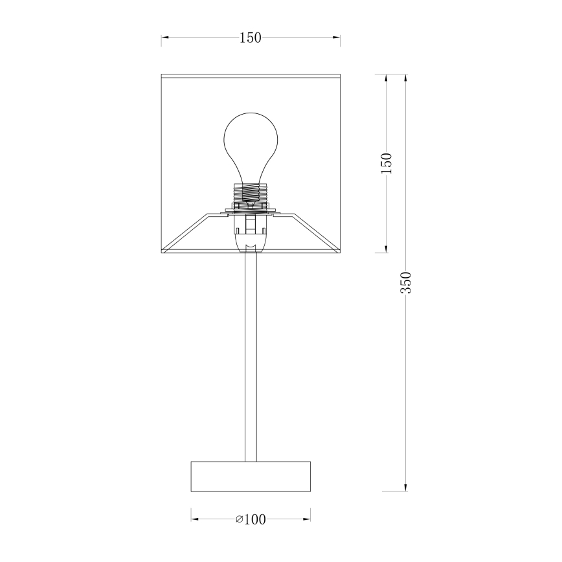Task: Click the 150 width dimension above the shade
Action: [x=251, y=38]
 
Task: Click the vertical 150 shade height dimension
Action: [x=387, y=164]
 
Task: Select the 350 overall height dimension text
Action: [x=406, y=282]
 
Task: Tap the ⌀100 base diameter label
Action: [x=251, y=519]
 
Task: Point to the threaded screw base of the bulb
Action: [x=251, y=192]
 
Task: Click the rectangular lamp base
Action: [x=251, y=477]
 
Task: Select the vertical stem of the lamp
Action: [x=251, y=356]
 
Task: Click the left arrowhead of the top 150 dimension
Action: [x=165, y=38]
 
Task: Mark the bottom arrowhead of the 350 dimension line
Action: [x=406, y=488]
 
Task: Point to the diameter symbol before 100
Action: [x=239, y=519]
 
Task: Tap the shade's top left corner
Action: [x=161, y=75]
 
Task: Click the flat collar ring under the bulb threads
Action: [x=251, y=209]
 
